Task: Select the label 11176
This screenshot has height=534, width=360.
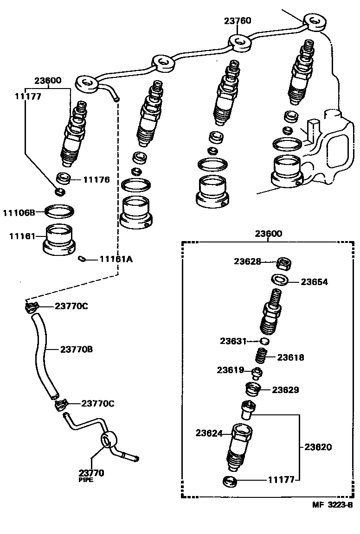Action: [x=96, y=179]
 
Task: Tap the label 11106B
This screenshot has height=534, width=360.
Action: [x=19, y=213]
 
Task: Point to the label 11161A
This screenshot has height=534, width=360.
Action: [x=116, y=259]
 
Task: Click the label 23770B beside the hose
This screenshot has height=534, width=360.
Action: [x=77, y=349]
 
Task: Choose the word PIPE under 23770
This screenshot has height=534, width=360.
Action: [x=87, y=481]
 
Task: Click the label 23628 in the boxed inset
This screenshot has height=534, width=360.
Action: [x=247, y=261]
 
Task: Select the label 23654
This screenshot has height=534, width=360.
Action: [x=314, y=281]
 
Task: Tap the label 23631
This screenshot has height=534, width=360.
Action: [x=234, y=341]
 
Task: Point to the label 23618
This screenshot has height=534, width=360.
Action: [x=291, y=357]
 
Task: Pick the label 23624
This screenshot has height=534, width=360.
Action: [x=209, y=433]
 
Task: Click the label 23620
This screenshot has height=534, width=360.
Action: [x=318, y=447]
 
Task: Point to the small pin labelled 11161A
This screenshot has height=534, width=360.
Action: [x=82, y=259]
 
